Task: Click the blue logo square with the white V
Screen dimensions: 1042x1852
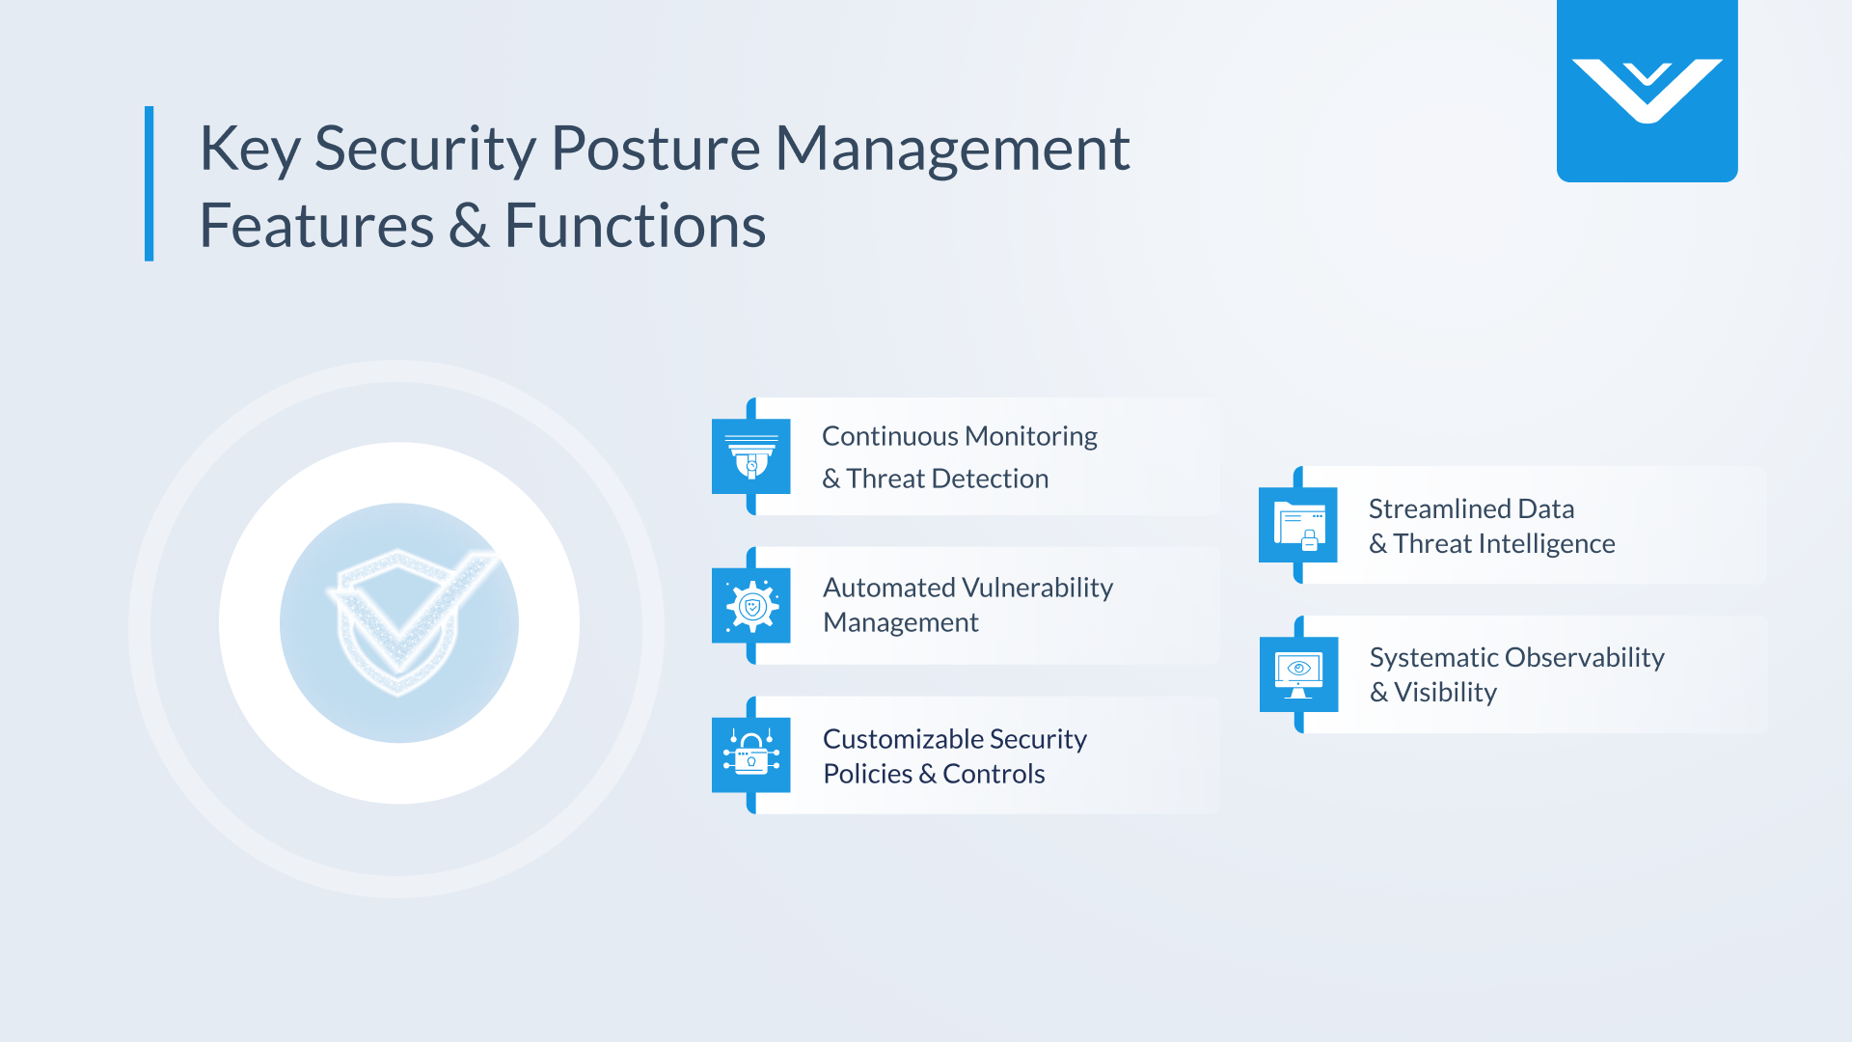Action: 1647,91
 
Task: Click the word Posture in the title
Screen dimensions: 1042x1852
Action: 655,150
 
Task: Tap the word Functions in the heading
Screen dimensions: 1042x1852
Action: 635,227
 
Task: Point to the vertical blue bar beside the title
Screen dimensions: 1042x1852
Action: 150,183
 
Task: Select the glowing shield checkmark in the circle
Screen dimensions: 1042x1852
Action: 399,622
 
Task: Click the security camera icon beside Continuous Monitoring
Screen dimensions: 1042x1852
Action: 751,456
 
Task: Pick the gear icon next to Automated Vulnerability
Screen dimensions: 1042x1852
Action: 751,606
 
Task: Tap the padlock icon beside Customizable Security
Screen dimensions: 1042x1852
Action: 751,755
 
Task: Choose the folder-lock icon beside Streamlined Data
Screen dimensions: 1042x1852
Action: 1298,525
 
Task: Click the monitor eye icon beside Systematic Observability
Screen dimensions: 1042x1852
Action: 1298,674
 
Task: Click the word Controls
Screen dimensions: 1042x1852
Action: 994,774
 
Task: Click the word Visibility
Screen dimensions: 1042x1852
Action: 1445,693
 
